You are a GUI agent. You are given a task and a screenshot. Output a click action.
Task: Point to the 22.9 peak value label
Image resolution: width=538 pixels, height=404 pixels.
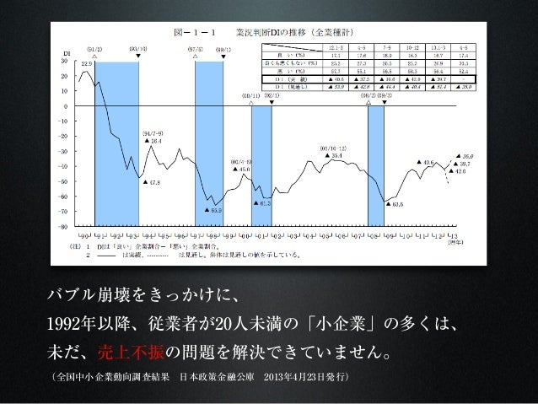(x=85, y=62)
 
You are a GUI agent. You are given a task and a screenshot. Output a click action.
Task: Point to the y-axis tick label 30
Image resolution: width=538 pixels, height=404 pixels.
(x=64, y=62)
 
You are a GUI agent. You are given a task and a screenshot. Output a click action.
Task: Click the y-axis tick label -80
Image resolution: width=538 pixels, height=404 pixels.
(x=62, y=226)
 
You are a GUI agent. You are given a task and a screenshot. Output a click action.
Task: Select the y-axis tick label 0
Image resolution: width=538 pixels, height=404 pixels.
(x=66, y=107)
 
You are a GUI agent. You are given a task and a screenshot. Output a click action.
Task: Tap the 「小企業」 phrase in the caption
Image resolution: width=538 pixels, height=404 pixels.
(x=347, y=323)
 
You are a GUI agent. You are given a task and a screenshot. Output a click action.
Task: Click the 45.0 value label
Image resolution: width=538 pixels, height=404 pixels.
(x=244, y=170)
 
